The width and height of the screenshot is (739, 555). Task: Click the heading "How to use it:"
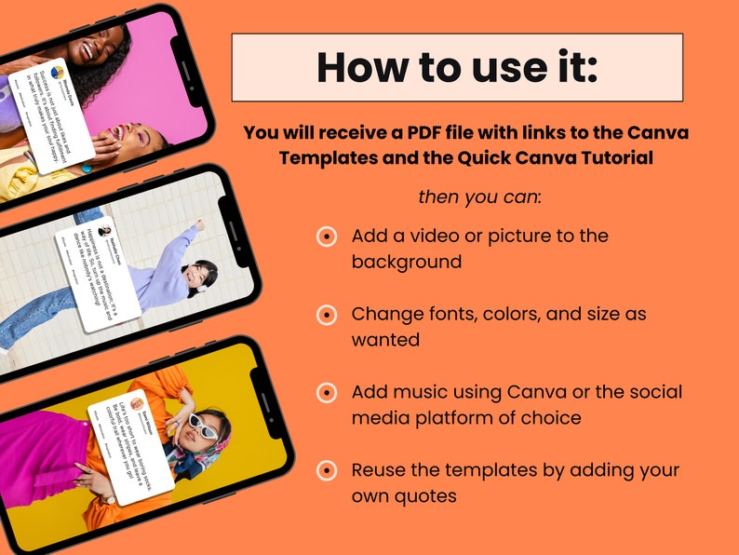pyautogui.click(x=456, y=67)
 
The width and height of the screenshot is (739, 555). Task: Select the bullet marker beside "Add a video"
pyautogui.click(x=327, y=237)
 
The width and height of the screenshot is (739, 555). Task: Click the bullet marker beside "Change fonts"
pyautogui.click(x=327, y=315)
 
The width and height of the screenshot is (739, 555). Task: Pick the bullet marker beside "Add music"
pyautogui.click(x=327, y=393)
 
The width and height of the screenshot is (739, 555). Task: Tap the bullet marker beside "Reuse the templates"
pyautogui.click(x=327, y=470)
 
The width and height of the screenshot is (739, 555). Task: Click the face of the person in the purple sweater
pyautogui.click(x=196, y=276)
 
